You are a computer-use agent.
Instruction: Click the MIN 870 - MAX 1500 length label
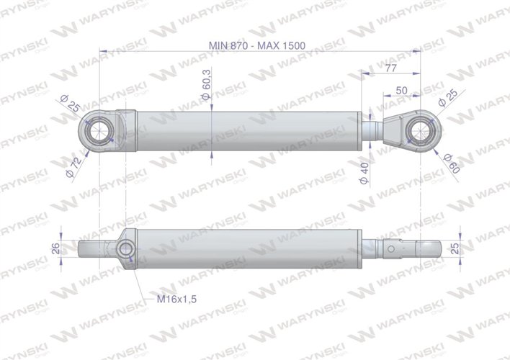click(x=257, y=45)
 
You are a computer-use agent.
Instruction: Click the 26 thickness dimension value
click(x=57, y=249)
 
